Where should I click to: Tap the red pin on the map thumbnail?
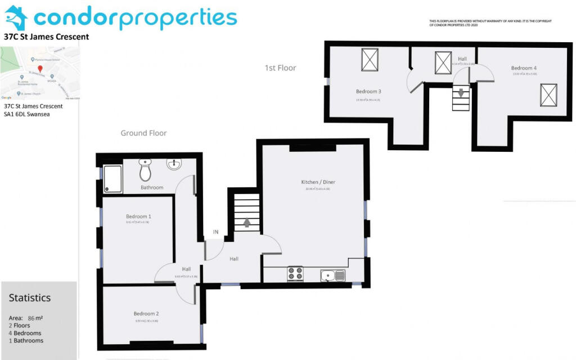click(40, 69)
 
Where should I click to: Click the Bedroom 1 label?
click(138, 217)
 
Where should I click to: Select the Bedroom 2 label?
click(146, 314)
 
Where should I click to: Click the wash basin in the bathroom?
click(174, 165)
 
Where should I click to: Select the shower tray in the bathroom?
click(112, 179)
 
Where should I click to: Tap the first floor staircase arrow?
click(461, 94)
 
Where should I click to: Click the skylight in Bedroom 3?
click(370, 60)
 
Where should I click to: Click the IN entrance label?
click(215, 232)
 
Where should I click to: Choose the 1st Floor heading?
click(280, 68)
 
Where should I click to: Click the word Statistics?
click(30, 298)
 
